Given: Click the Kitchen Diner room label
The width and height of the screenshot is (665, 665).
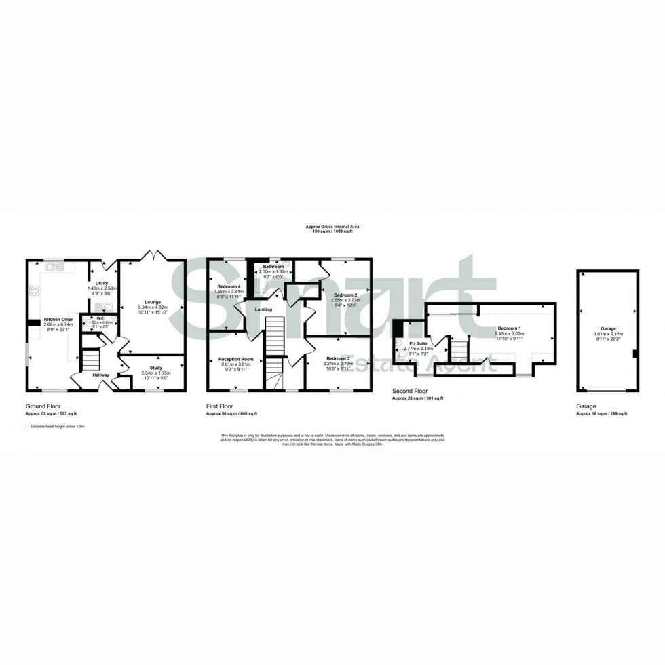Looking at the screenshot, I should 58,319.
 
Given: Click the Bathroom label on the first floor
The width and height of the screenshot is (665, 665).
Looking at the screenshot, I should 273,267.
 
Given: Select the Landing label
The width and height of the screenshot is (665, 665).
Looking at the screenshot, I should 263,309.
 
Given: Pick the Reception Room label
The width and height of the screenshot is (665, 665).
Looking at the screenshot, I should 236,359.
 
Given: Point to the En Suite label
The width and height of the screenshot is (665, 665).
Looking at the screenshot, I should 417,344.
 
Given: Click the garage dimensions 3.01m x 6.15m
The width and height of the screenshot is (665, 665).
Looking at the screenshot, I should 607,333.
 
